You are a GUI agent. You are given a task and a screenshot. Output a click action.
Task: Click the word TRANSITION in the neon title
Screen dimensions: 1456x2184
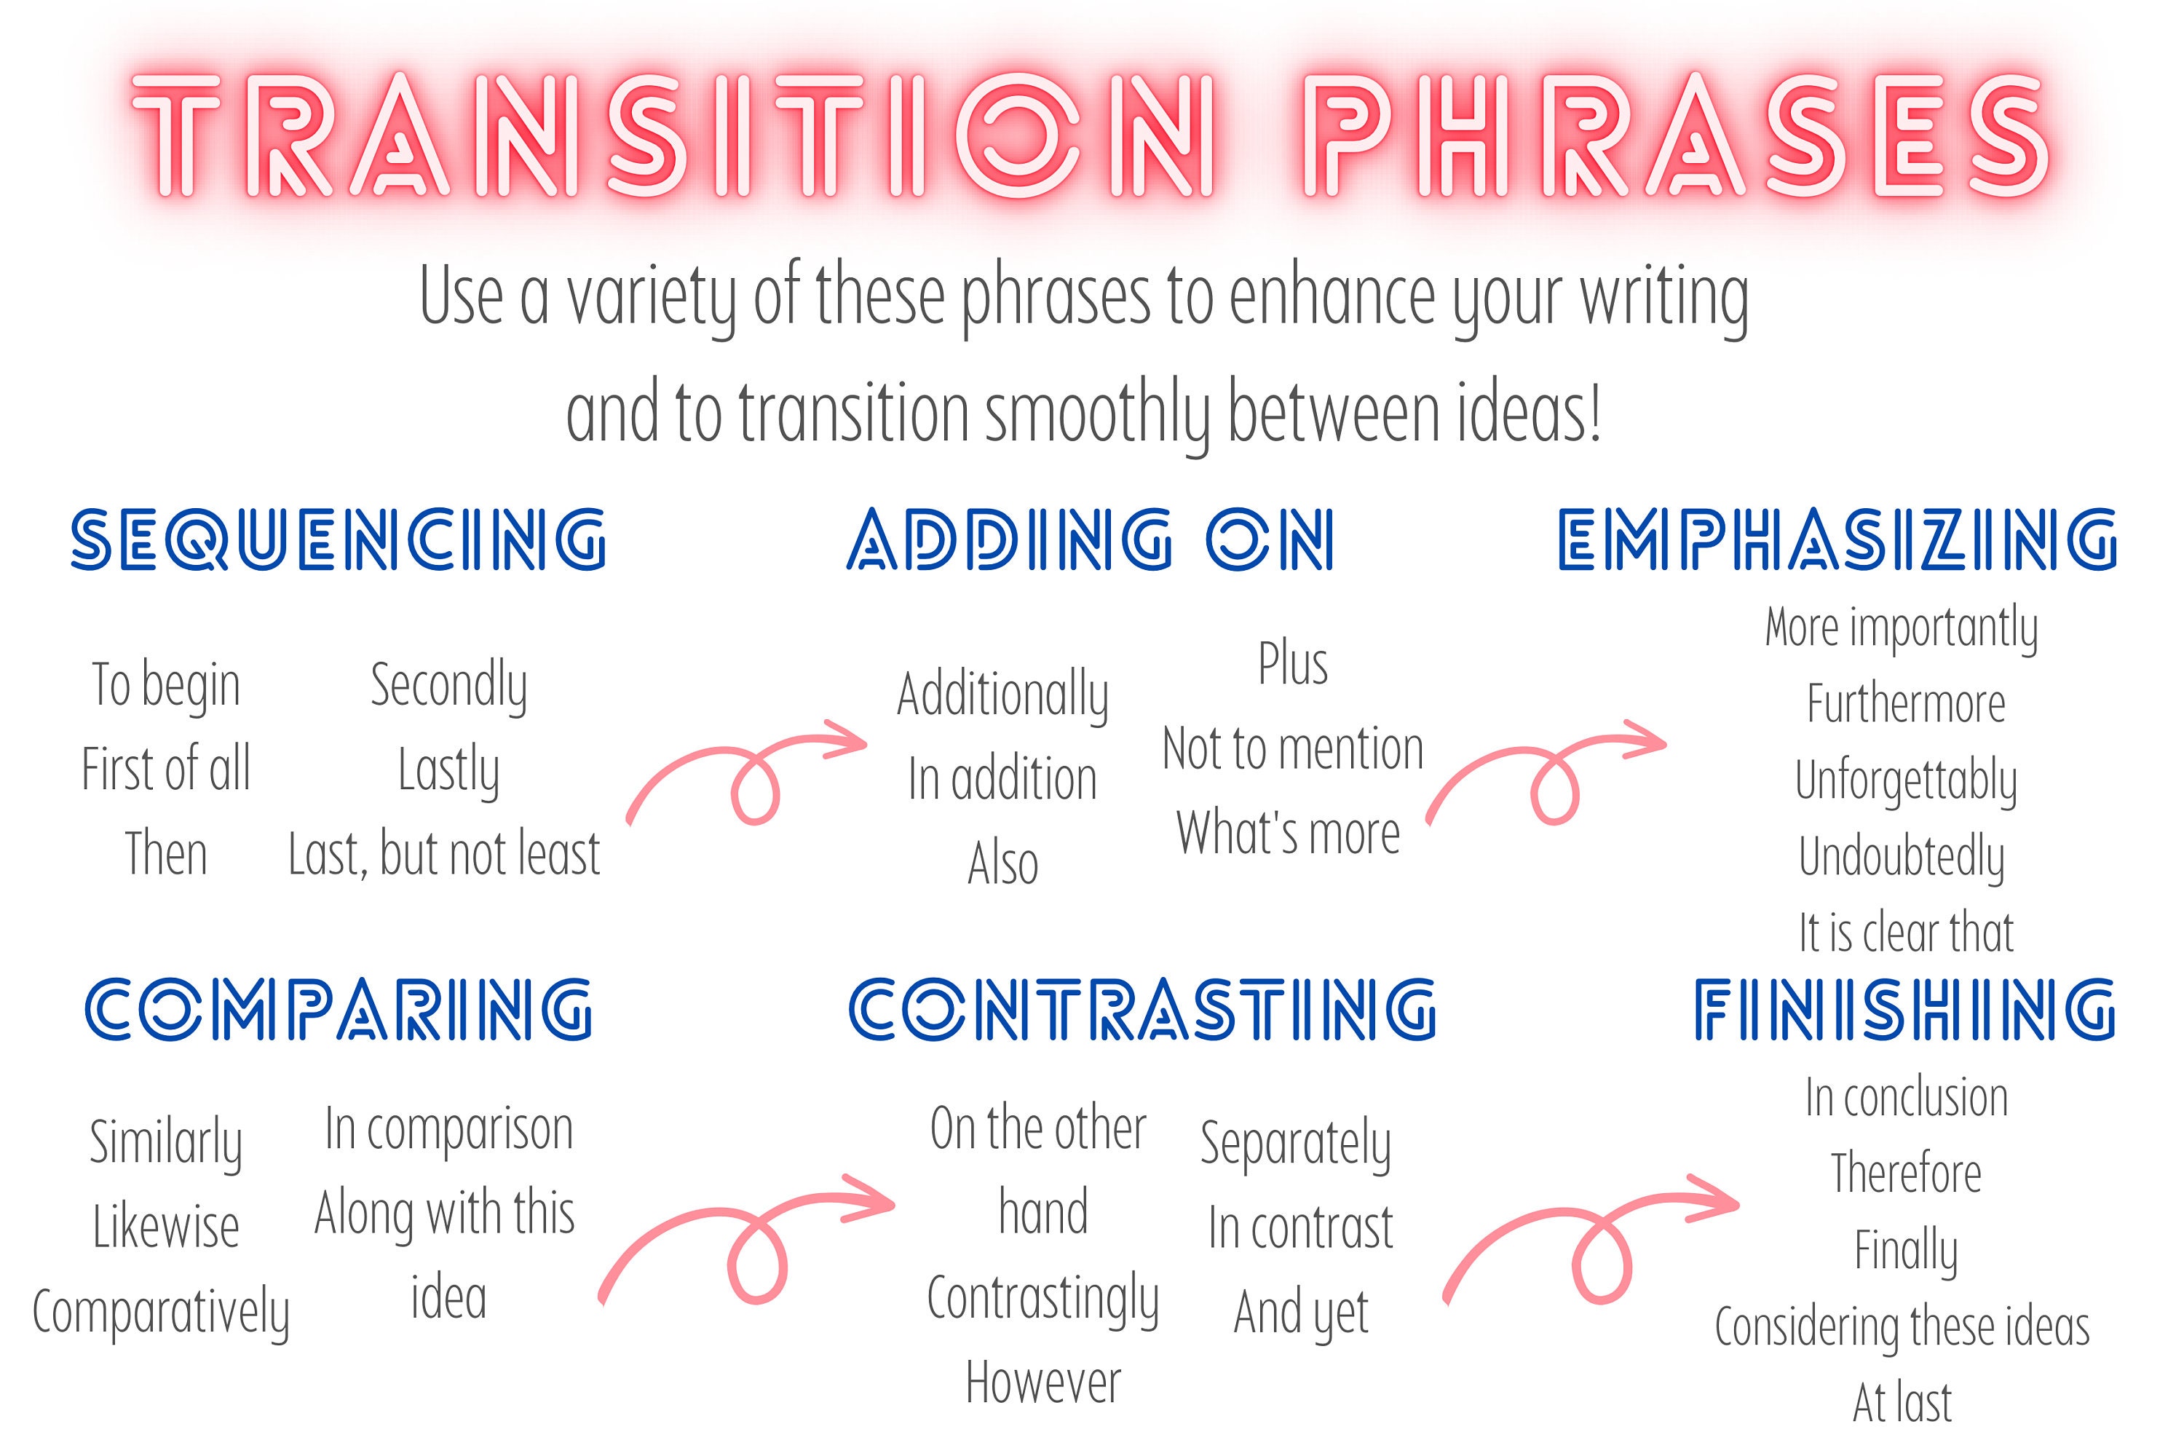(673, 138)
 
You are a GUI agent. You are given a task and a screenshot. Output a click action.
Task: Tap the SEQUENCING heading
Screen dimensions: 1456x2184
(339, 539)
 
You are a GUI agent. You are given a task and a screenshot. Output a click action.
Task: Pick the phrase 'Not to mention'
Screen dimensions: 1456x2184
(1293, 749)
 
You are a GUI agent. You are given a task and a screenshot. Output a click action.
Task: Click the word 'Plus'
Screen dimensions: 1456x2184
(1293, 664)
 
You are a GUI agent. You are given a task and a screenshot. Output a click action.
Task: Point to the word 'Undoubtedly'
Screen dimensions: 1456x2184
(1901, 857)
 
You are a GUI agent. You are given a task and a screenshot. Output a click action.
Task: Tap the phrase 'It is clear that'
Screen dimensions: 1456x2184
(1905, 933)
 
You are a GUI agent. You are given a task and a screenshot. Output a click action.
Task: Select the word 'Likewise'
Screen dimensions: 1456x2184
(166, 1227)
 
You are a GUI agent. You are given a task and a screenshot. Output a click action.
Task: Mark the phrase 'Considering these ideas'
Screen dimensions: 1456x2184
(1902, 1327)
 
